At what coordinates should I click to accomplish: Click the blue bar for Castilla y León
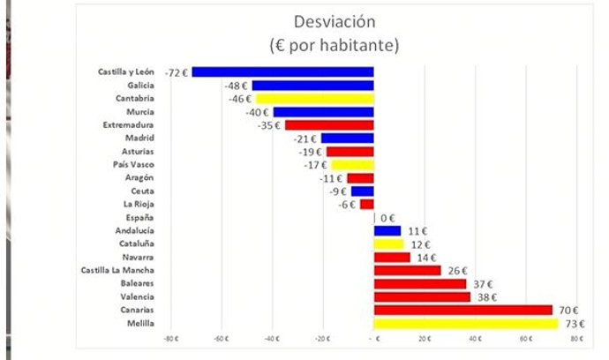point(282,72)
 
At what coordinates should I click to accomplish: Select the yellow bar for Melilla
point(466,324)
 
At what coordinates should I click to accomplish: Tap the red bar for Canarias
point(462,311)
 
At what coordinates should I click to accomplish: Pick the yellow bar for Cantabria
point(315,99)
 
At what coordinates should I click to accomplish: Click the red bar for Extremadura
point(328,125)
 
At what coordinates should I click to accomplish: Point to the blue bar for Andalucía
point(387,231)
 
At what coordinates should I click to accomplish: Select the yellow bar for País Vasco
point(352,165)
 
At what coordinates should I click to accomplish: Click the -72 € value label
point(177,72)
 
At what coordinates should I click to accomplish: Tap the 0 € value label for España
point(387,218)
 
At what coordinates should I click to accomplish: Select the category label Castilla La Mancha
point(117,271)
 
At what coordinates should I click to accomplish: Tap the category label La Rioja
point(140,204)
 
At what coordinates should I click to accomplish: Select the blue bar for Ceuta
point(363,191)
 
